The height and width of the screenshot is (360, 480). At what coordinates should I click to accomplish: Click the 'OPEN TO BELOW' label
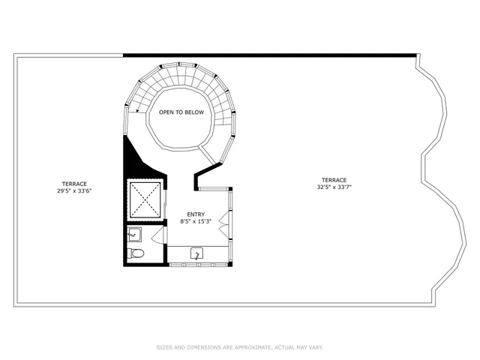180,112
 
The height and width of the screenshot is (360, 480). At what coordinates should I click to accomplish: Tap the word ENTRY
196,214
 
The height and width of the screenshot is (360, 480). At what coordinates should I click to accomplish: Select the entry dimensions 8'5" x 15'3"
196,221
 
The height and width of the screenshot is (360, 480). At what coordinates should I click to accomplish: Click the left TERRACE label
73,184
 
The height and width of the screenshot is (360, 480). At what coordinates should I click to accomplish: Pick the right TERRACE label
334,180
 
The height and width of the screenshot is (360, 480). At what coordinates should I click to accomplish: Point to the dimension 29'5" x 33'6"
73,191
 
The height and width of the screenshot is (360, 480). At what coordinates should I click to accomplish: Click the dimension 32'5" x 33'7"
334,187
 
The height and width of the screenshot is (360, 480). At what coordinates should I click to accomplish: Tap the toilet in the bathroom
136,253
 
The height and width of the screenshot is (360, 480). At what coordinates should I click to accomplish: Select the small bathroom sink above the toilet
133,234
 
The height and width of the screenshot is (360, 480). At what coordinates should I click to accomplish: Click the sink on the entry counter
197,254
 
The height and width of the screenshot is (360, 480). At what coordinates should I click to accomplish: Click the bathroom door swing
157,238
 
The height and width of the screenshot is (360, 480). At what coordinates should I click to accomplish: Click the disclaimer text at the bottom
240,347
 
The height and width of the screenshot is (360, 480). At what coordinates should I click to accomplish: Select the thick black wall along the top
270,55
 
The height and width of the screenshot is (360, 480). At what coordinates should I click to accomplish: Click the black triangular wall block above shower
132,160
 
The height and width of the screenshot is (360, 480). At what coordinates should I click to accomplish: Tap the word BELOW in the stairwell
194,112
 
